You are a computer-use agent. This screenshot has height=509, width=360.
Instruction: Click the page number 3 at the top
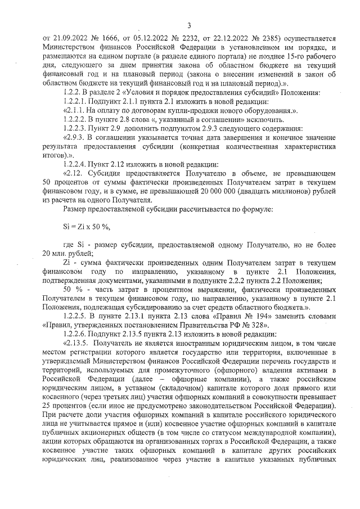[189, 25]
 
